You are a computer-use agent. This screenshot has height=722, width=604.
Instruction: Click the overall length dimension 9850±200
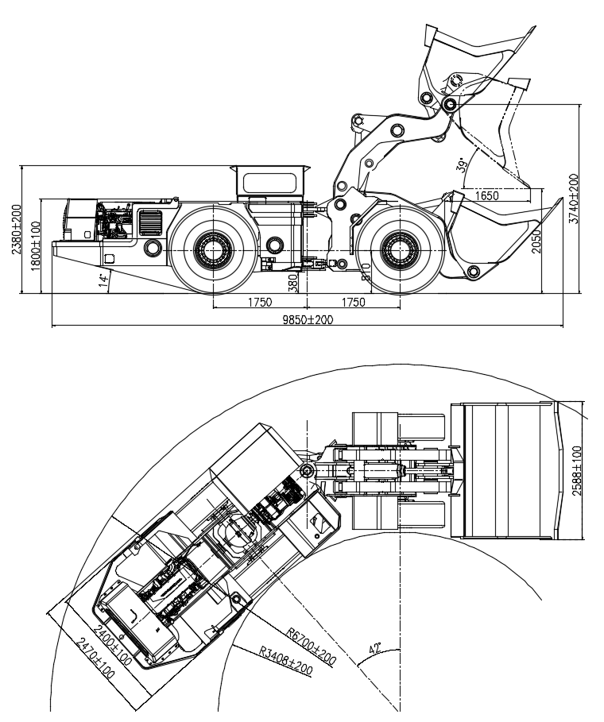[x=305, y=319]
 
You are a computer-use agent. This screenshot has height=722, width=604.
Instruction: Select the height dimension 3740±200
[x=574, y=199]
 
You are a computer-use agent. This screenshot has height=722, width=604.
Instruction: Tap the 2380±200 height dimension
[x=15, y=230]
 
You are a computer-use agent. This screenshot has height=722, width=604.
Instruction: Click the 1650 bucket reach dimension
[x=487, y=195]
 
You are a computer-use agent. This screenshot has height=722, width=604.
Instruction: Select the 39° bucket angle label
[x=462, y=164]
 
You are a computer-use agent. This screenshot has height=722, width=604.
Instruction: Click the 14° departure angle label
[x=102, y=280]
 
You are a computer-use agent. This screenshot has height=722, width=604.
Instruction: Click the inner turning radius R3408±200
[x=285, y=662]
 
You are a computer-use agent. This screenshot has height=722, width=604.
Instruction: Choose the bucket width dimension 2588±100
[x=577, y=470]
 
